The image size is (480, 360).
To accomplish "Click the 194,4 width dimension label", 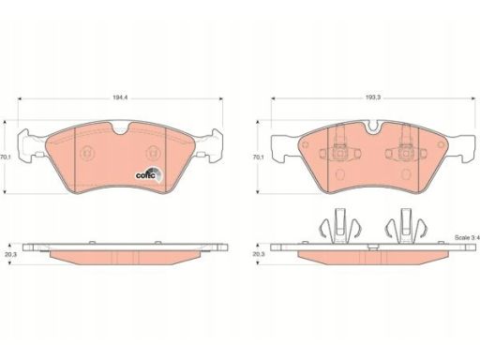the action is coord(120,97).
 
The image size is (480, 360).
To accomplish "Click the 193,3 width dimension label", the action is coord(373,97).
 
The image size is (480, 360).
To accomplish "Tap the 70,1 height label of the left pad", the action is coord(6,157).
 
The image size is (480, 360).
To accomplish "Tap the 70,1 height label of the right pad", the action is coord(258,157).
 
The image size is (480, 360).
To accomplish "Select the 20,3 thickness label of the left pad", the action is coord(10,254).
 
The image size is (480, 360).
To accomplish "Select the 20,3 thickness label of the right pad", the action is coord(259,254).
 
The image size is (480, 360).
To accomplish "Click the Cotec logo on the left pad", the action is coord(149,173).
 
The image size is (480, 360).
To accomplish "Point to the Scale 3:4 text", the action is coord(467,238).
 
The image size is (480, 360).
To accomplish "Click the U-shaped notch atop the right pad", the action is coord(374,128).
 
